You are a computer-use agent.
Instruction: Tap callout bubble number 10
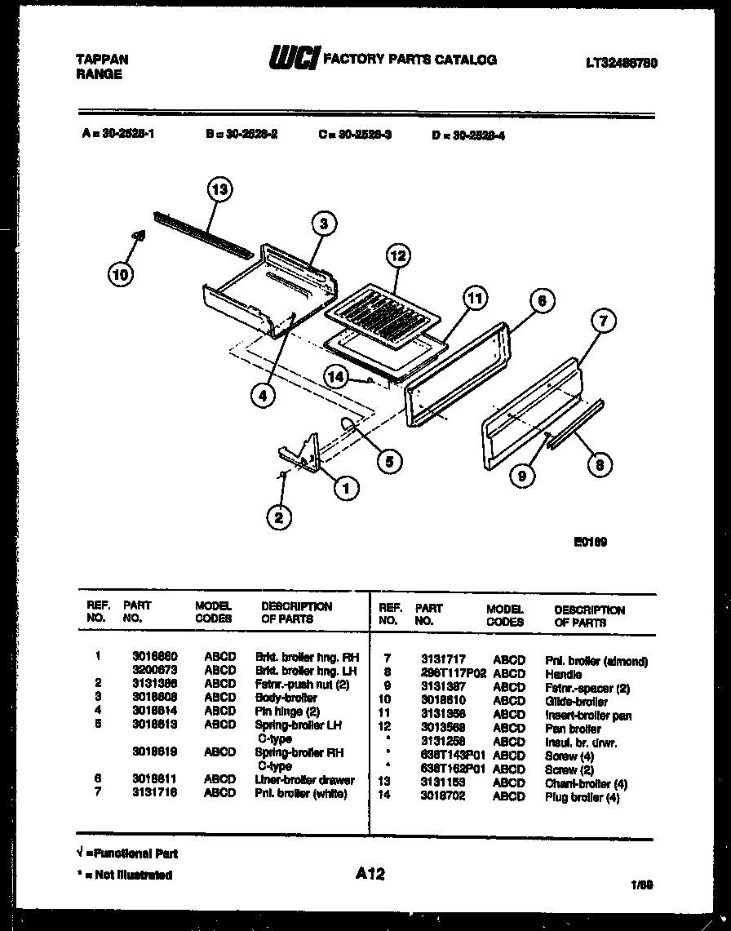[x=120, y=274]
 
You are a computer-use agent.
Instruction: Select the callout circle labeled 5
[x=389, y=460]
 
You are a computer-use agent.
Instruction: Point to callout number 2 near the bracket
[x=279, y=516]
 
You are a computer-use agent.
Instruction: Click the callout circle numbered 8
[x=600, y=464]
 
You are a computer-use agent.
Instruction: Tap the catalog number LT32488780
[x=622, y=63]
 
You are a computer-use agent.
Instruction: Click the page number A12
[x=370, y=874]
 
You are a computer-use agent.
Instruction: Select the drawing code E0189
[x=591, y=541]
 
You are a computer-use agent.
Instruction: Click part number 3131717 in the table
[x=444, y=660]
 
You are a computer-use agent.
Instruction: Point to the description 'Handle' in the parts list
[x=563, y=674]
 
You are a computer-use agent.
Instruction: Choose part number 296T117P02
[x=453, y=674]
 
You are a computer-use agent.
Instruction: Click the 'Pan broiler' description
[x=573, y=729]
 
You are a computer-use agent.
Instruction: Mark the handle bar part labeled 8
[x=576, y=423]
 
